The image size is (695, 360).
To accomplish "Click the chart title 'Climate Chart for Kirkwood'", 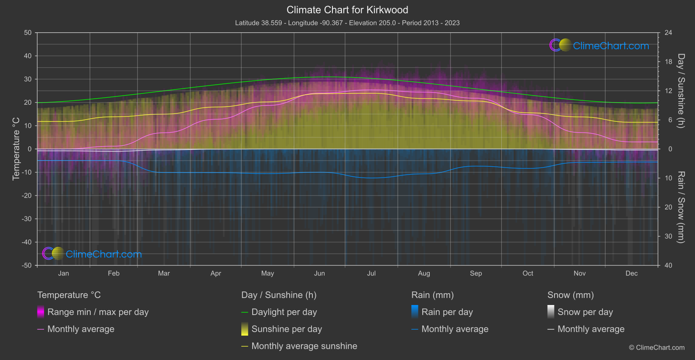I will coord(347,10).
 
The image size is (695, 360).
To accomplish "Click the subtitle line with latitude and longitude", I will coord(347,23).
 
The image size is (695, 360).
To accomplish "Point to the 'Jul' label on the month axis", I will coord(371,274).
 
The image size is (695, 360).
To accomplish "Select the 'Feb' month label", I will coord(113,274).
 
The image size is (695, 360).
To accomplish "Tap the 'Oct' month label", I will coord(528,274).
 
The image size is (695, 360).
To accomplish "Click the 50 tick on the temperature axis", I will coord(28,33).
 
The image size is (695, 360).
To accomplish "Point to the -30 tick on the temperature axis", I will coord(27,219).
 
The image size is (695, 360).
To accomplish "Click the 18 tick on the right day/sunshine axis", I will coord(668,62).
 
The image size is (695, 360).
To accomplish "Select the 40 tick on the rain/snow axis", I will coord(668,265).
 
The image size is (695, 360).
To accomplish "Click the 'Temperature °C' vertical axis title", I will coord(16,149).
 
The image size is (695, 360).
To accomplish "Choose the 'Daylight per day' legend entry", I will coord(284,312).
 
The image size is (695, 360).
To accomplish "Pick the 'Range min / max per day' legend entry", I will coord(98,312).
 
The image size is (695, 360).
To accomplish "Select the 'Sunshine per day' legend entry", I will coord(287,329).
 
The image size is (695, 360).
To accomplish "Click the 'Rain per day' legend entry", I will coord(447,312).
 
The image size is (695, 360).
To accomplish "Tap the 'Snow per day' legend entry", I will coord(585,312).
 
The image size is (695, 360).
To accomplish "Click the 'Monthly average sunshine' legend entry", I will coord(304,346).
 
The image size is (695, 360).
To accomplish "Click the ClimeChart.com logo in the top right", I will coord(599,45).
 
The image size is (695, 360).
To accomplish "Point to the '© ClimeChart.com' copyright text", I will coord(657,348).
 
